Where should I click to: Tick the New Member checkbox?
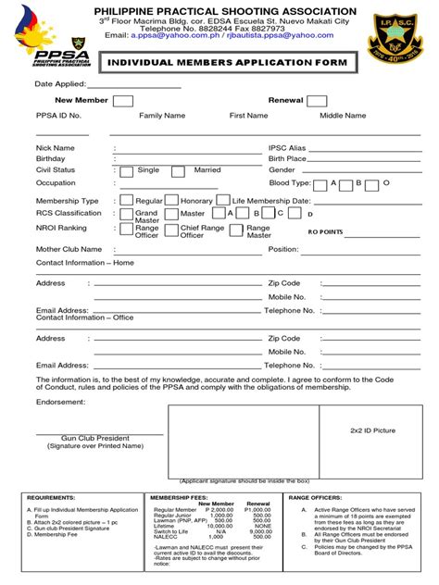click(x=122, y=101)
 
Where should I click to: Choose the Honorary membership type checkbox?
click(x=171, y=200)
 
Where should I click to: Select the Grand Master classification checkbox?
click(x=127, y=214)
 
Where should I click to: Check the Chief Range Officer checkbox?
click(x=171, y=230)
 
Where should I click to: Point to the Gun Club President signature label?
click(x=95, y=436)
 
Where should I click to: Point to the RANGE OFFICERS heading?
click(x=319, y=497)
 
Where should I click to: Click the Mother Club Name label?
click(x=69, y=249)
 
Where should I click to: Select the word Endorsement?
click(x=61, y=403)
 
